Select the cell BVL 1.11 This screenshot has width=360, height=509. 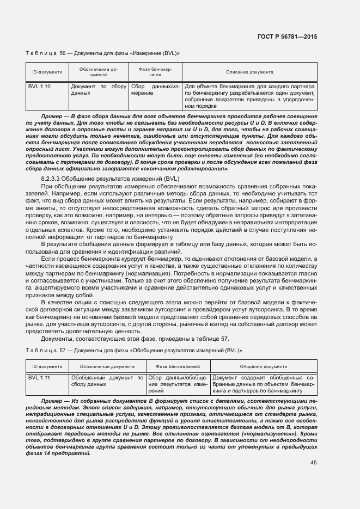click(x=39, y=377)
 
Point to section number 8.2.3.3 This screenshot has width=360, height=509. click(x=53, y=179)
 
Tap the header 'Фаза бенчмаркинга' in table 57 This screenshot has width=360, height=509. click(x=178, y=366)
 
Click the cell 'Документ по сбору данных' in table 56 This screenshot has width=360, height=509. click(x=98, y=90)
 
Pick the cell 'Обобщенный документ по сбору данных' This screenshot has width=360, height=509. click(x=107, y=381)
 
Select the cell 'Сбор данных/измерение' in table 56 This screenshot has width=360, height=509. click(x=155, y=90)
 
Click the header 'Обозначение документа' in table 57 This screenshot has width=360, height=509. click(x=107, y=366)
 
